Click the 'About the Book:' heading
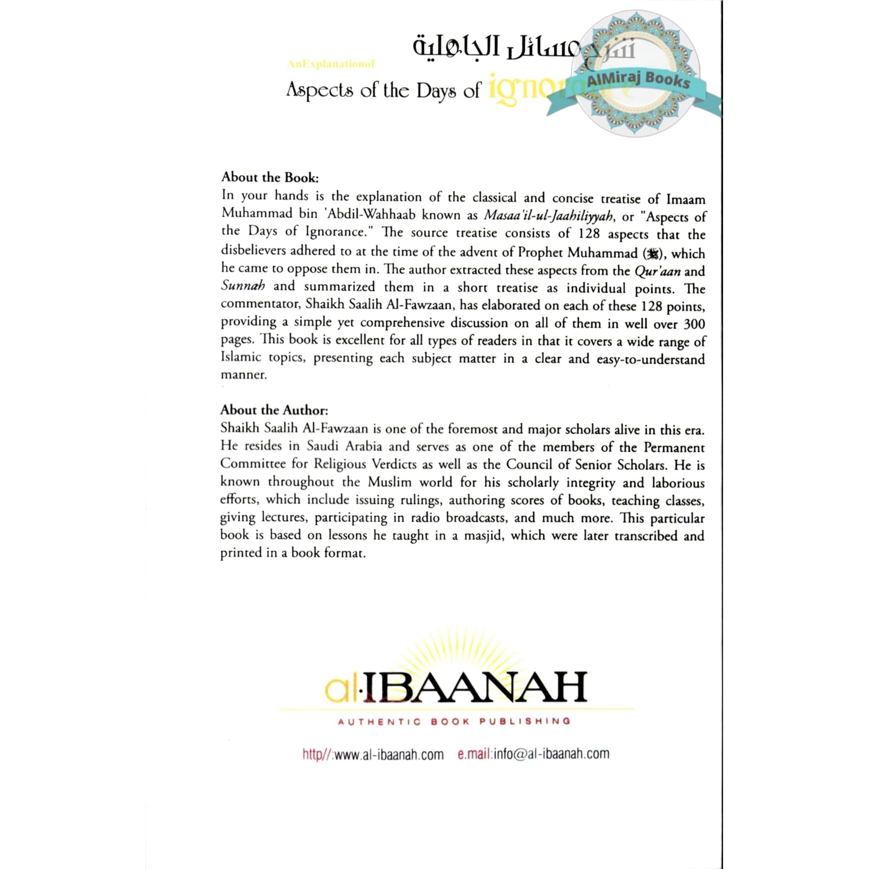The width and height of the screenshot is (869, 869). pos(269,177)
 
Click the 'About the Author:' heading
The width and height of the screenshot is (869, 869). pos(274,410)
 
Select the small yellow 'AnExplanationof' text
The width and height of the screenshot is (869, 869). pos(331,64)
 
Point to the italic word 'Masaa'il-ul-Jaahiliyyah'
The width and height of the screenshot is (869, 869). pos(548,216)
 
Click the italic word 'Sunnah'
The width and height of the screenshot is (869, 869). pos(243,286)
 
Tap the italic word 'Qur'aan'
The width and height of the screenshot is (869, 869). pos(657,271)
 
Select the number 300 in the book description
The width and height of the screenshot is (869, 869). pos(694,323)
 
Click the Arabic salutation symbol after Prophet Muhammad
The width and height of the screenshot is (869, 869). pos(652,254)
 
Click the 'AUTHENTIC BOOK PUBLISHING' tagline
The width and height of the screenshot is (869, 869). pos(454,721)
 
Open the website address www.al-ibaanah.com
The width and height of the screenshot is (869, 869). pos(389,754)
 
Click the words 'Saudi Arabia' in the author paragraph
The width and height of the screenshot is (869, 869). pos(345,446)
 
